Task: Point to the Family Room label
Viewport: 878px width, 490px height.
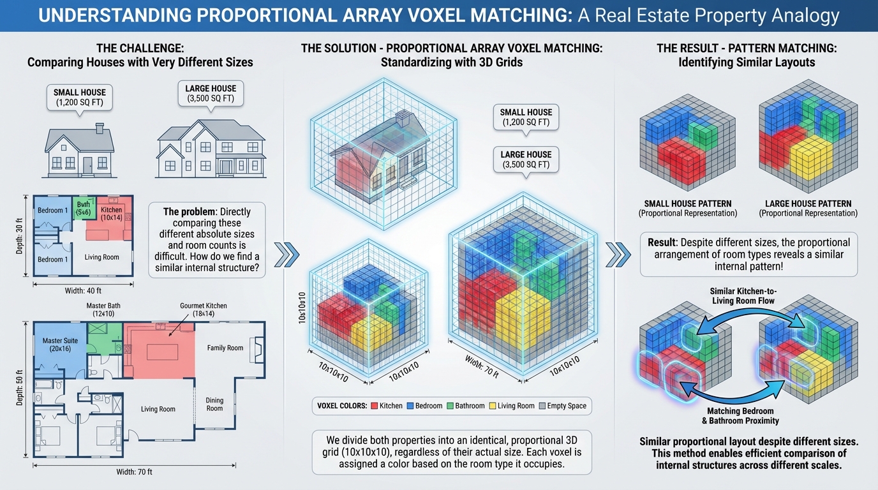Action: tap(225, 348)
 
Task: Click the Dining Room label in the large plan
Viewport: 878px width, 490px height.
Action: tap(214, 405)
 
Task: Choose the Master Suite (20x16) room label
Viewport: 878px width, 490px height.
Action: tap(60, 345)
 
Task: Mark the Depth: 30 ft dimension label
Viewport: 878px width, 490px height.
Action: tap(18, 232)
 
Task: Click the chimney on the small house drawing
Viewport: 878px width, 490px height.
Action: tap(100, 129)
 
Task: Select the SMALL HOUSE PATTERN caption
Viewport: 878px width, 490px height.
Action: tap(687, 204)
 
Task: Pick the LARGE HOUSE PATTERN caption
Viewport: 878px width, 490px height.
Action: tap(808, 204)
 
